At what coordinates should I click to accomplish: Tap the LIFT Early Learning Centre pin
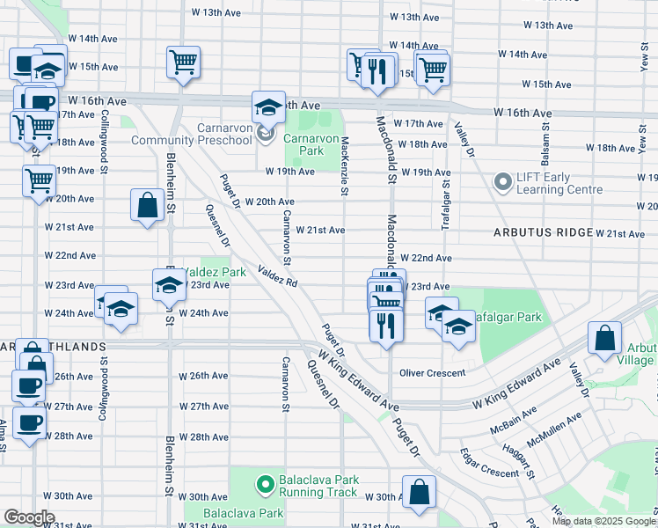coord(503,183)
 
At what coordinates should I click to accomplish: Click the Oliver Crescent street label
coord(432,372)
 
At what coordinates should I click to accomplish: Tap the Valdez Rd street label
coord(279,277)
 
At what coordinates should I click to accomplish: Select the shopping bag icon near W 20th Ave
coord(147,205)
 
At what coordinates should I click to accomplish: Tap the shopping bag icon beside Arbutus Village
coord(605,340)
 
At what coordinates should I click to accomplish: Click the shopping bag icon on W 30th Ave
coord(420,493)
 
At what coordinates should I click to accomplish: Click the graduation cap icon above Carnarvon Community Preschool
coord(269,107)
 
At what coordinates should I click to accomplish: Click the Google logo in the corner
coord(29,517)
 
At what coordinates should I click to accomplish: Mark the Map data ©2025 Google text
coord(603,521)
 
